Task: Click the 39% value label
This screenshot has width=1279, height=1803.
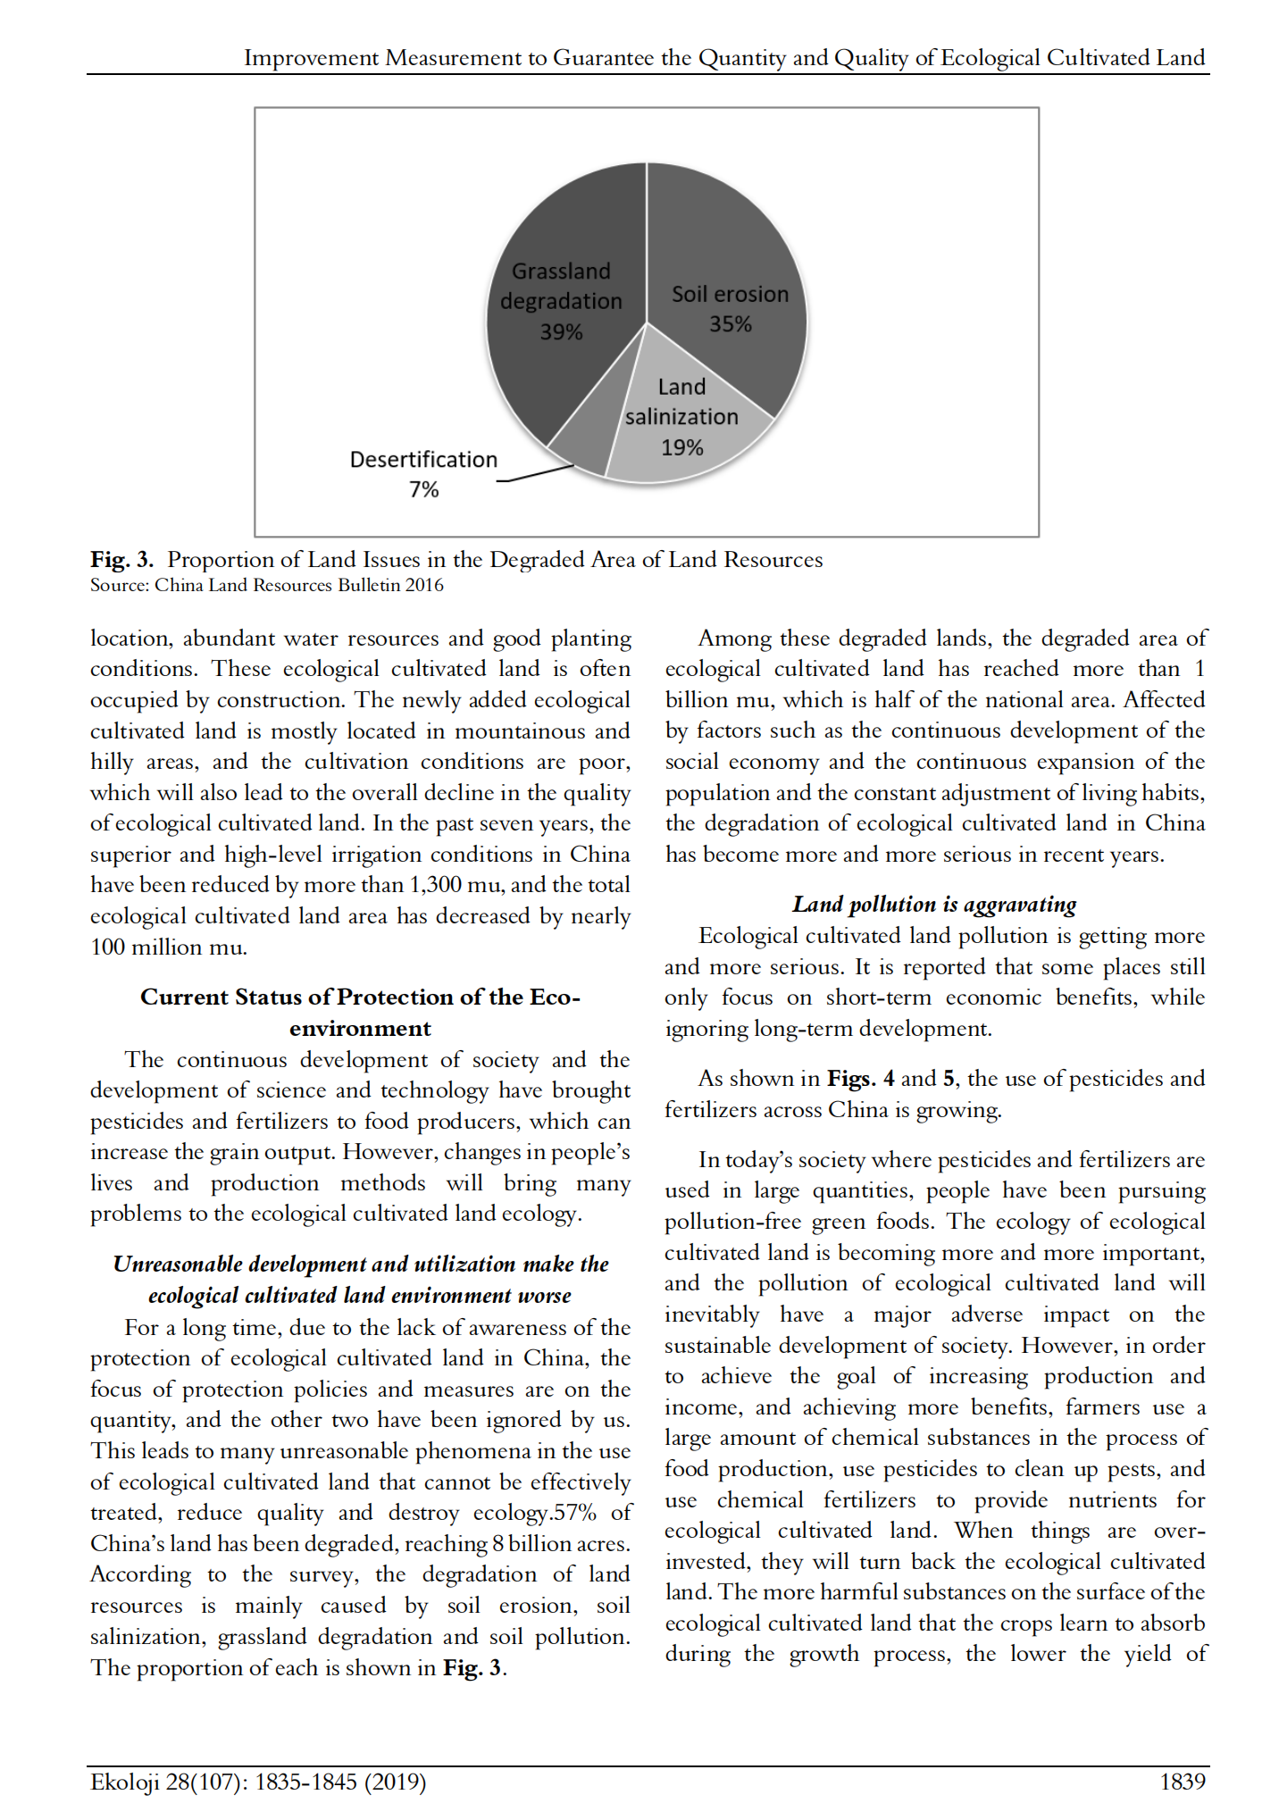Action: (x=561, y=332)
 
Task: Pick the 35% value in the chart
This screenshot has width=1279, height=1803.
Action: (x=730, y=324)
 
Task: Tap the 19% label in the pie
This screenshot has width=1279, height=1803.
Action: (x=681, y=447)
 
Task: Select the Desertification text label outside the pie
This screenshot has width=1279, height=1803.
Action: (x=423, y=459)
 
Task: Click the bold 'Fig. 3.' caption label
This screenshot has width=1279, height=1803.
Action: (x=121, y=560)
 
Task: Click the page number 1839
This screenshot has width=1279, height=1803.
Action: (x=1182, y=1782)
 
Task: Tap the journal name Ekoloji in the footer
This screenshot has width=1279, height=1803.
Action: (x=126, y=1782)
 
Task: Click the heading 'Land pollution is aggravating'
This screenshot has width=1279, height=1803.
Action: (x=934, y=905)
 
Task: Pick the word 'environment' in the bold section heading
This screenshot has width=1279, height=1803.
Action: (x=360, y=1028)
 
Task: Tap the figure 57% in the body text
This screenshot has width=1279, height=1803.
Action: (x=575, y=1513)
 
